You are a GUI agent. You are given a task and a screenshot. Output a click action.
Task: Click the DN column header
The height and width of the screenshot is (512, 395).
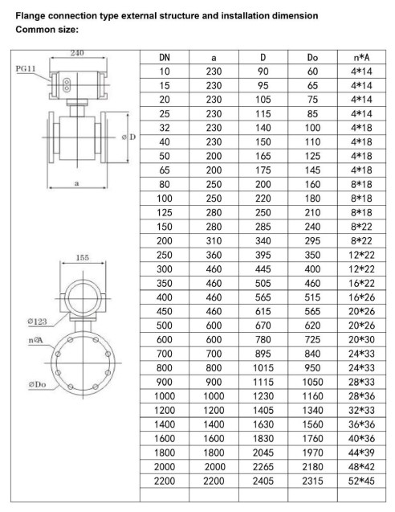165,58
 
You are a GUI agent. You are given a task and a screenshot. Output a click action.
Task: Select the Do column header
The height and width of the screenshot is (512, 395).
312,58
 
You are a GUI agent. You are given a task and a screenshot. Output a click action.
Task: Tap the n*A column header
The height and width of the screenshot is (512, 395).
361,58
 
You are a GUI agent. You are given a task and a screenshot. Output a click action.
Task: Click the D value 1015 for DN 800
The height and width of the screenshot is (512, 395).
263,367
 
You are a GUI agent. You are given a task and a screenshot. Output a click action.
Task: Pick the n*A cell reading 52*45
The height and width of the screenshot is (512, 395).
361,481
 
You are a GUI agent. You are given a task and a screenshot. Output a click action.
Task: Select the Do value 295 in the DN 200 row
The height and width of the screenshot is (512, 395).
312,240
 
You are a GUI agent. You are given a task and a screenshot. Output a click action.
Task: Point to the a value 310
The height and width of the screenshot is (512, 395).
214,240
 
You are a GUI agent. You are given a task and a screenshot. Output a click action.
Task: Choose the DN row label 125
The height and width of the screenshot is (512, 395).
165,212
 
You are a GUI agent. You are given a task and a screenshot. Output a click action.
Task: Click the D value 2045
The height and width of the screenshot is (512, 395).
263,453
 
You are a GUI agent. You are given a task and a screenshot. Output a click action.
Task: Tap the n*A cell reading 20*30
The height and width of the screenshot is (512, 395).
361,339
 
